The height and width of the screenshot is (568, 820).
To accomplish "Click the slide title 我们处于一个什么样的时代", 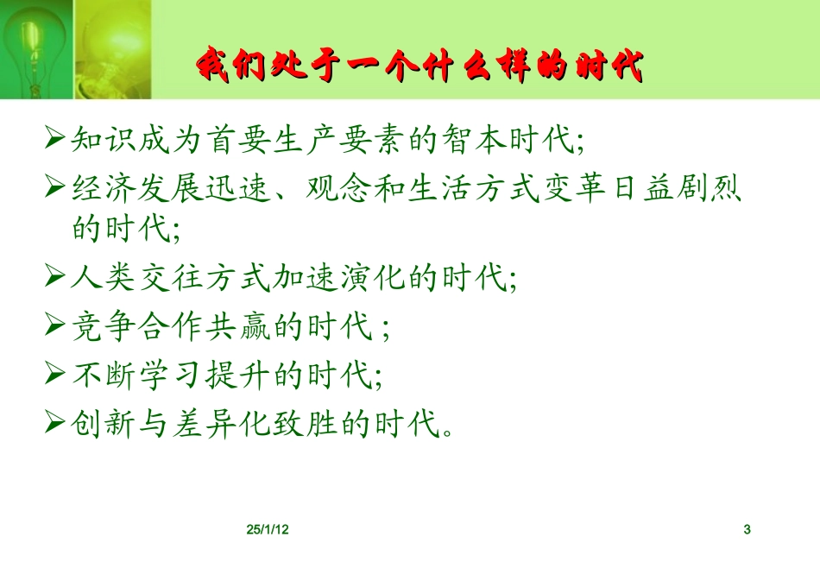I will pyautogui.click(x=420, y=64).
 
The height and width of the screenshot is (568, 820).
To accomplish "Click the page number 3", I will pyautogui.click(x=747, y=529).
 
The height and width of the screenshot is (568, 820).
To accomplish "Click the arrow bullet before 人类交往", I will pyautogui.click(x=56, y=277).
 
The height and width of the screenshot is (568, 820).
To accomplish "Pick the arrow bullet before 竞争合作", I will pyautogui.click(x=56, y=325).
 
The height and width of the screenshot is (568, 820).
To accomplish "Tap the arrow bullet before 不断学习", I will pyautogui.click(x=56, y=373).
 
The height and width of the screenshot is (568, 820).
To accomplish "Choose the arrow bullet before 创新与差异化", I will pyautogui.click(x=56, y=421).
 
